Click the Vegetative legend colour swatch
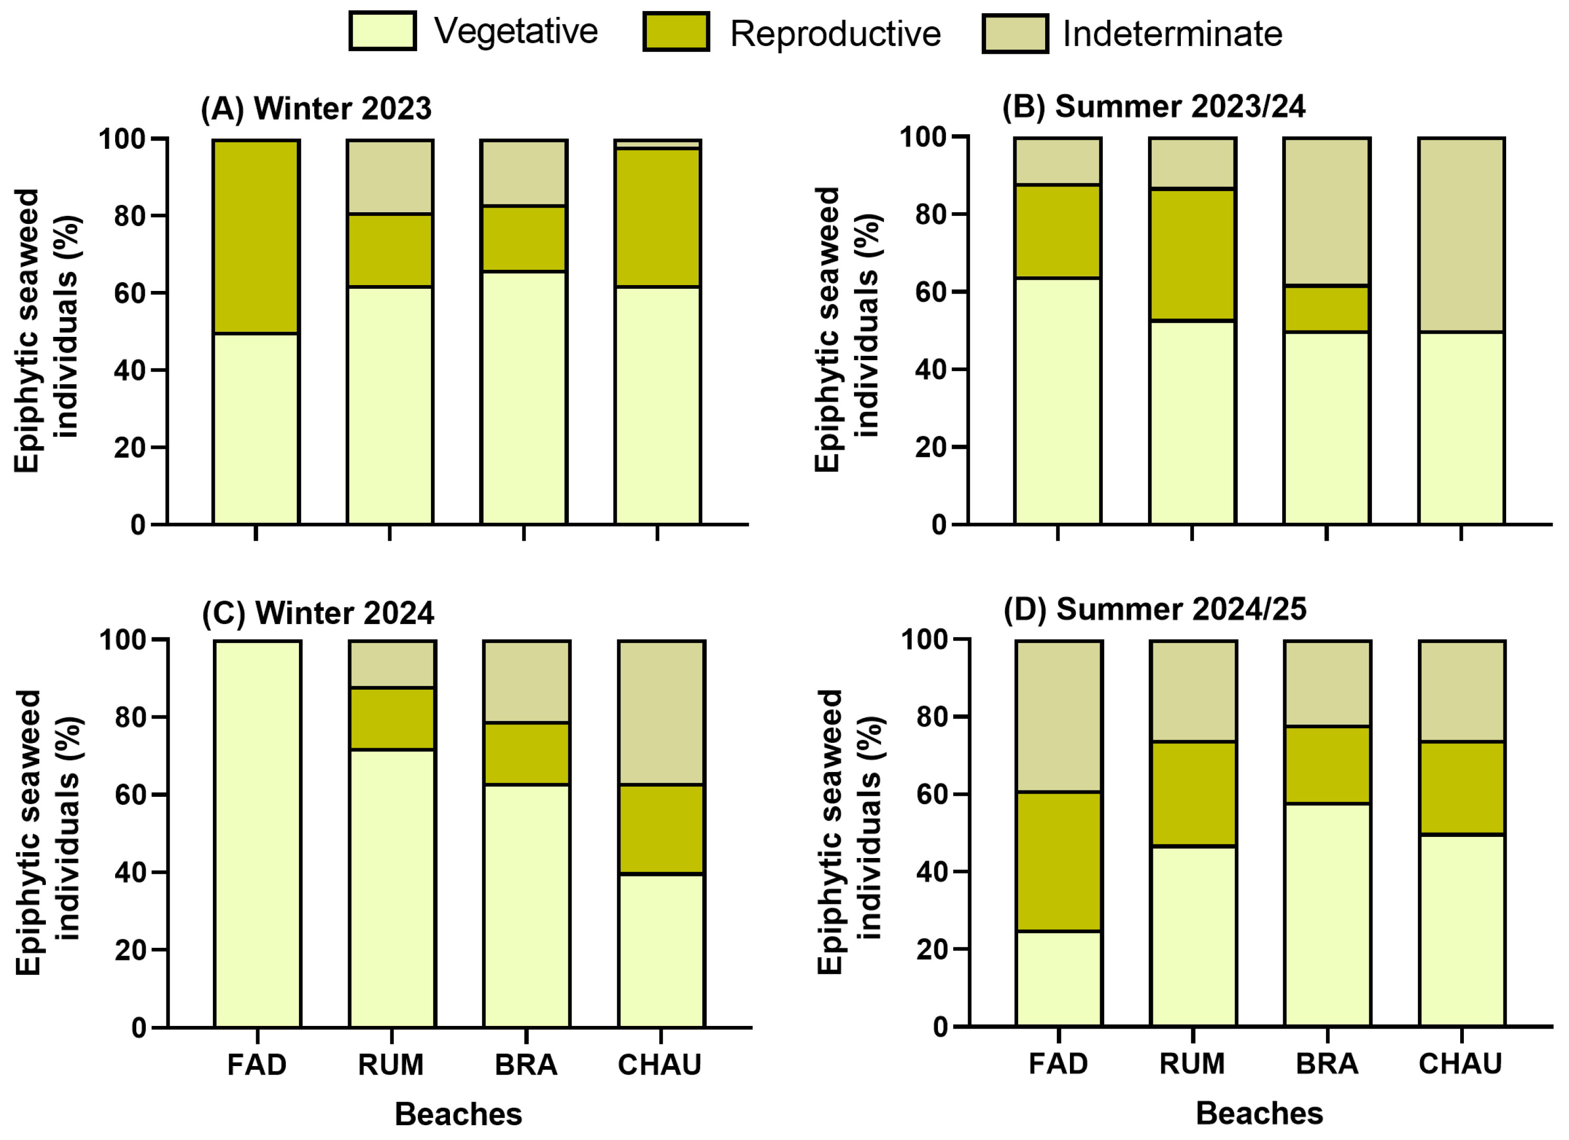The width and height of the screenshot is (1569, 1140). [x=382, y=31]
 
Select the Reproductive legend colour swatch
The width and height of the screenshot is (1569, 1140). [x=676, y=32]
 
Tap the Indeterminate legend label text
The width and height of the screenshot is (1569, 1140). [x=1172, y=34]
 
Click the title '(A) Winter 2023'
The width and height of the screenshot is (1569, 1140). [x=316, y=109]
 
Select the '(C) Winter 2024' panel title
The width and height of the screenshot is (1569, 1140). [x=318, y=613]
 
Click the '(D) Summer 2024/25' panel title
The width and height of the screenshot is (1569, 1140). [x=1155, y=609]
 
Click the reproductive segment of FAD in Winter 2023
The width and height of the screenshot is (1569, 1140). [x=256, y=237]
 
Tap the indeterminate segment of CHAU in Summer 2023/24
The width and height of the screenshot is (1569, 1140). [x=1462, y=235]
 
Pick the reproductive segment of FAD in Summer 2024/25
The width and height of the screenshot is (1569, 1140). [x=1058, y=861]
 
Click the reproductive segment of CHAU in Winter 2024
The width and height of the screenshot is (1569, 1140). [x=661, y=830]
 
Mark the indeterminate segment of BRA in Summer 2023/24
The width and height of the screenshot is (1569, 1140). [x=1327, y=211]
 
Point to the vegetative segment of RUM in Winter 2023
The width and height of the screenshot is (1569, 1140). [x=390, y=406]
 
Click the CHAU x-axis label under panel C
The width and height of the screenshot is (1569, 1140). [x=660, y=1064]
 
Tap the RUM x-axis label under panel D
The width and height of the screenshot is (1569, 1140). [x=1192, y=1063]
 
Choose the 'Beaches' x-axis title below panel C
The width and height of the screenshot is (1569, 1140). [x=459, y=1115]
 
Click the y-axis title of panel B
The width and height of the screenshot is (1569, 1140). [x=846, y=330]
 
